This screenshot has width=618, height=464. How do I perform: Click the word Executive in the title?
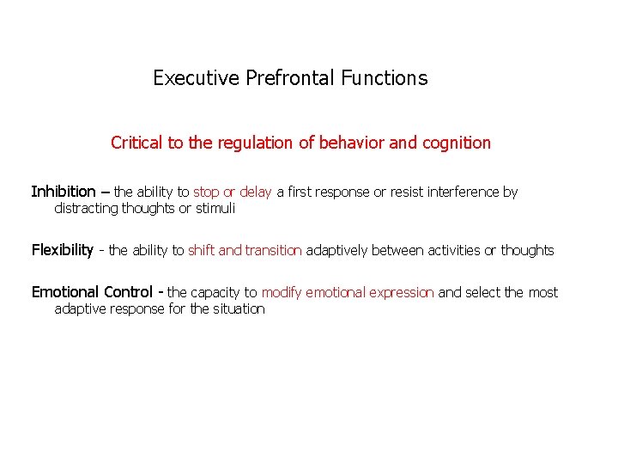tap(196, 78)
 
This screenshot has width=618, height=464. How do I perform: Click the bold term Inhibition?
tap(64, 192)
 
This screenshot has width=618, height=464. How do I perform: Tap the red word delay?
tap(255, 192)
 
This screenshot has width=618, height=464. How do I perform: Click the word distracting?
tap(86, 208)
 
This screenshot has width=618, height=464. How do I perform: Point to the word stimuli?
tap(215, 208)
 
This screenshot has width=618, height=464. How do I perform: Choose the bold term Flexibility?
tap(62, 250)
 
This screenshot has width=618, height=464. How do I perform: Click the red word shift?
tap(202, 251)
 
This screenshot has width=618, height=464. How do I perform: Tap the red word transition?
tap(273, 251)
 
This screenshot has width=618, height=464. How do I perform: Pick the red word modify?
tap(282, 293)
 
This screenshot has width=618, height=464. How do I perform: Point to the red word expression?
tap(402, 293)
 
